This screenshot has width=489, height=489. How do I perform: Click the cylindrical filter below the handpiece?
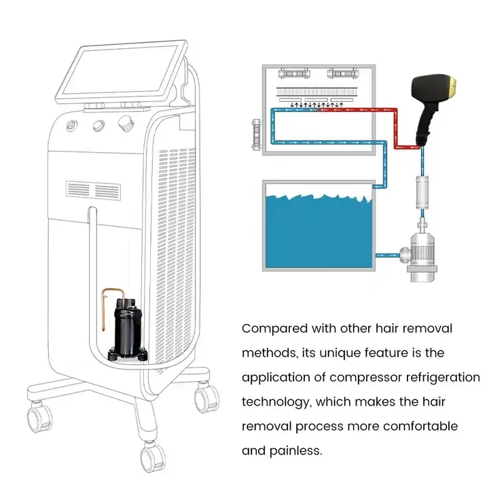click(x=421, y=192)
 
